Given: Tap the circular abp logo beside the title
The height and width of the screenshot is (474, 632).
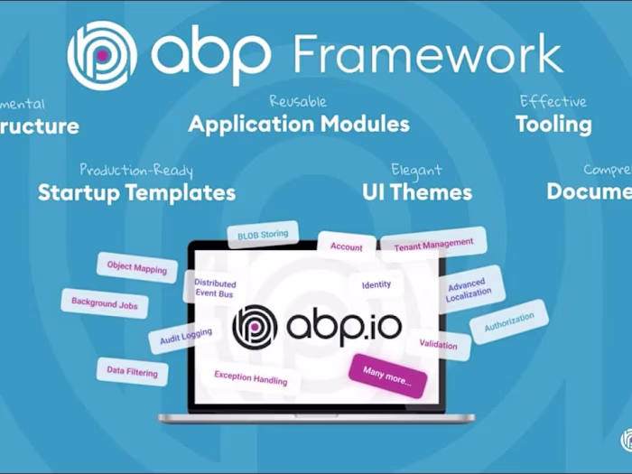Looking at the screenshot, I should point(102,54).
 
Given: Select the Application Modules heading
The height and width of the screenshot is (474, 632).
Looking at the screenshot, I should point(299,124).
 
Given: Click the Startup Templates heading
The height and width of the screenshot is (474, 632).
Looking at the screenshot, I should point(136,192).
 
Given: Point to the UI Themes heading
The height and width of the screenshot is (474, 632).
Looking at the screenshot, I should point(417,191).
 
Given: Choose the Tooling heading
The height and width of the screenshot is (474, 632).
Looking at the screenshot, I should point(553,125).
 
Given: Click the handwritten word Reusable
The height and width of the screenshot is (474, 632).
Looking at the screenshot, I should point(298,101).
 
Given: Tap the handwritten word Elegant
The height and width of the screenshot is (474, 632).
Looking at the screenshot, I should point(416,170).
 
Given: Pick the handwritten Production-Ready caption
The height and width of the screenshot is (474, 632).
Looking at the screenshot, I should point(136,170).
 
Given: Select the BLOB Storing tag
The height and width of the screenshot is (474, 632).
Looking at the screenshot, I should point(263,236).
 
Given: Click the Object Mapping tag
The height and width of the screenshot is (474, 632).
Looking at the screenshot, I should point(137,267).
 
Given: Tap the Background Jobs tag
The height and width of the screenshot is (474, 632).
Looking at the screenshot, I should point(105,304).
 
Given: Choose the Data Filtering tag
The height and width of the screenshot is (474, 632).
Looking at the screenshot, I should point(132,371).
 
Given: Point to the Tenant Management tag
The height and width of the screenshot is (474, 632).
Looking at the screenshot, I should point(433,244).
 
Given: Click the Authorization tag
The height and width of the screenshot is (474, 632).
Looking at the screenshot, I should point(509,322).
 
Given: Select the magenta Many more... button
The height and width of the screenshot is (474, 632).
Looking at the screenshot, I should point(387,376).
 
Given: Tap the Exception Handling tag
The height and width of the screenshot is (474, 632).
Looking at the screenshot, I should point(251,376).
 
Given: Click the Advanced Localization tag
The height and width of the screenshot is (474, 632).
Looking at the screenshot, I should point(469,289).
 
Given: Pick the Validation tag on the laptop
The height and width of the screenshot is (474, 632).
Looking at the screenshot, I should point(438,344).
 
